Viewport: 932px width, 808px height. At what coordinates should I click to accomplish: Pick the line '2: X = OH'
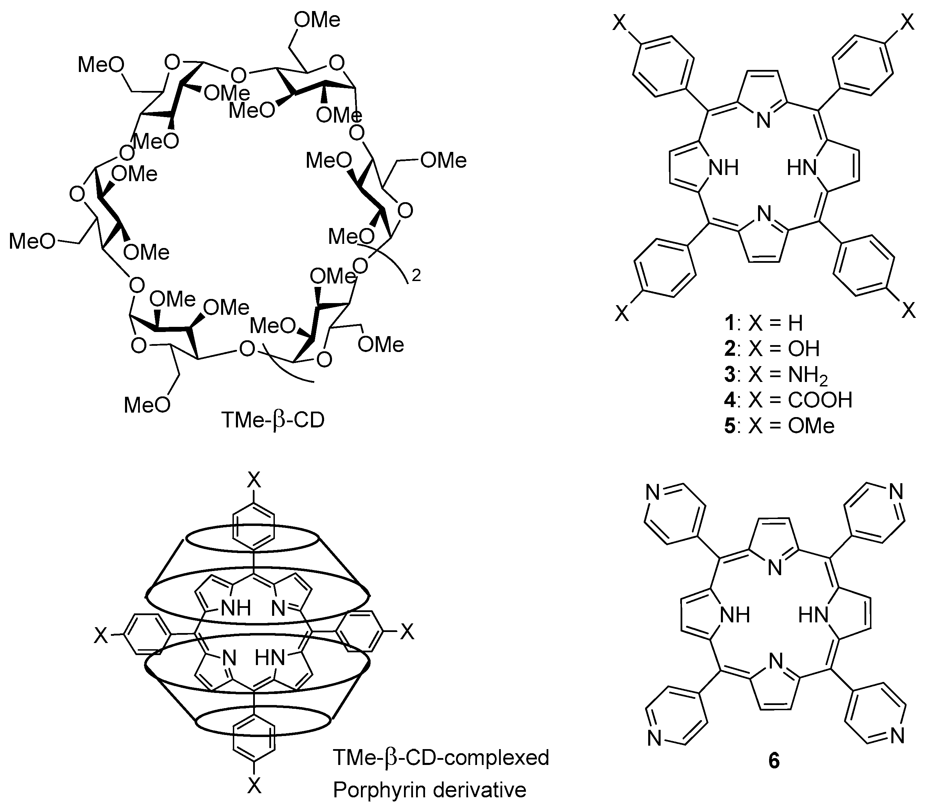(772, 349)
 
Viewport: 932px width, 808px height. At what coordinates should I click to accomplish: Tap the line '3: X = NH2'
(776, 375)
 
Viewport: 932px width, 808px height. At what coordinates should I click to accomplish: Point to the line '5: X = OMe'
(779, 426)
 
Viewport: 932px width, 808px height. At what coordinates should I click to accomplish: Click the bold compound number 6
(774, 761)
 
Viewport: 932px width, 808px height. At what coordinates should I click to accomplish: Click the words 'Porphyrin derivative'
(429, 789)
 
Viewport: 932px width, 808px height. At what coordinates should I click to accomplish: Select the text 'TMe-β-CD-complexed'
(441, 757)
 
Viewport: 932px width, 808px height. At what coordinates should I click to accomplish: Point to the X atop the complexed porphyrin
(254, 481)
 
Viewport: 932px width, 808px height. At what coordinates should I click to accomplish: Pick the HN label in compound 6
(814, 615)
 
